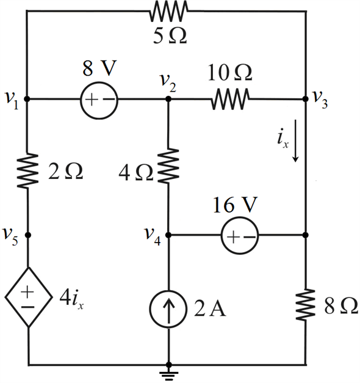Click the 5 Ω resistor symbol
tap(168, 11)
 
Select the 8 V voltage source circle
tap(99, 100)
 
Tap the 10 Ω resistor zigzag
tap(230, 99)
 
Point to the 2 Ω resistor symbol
tap(27, 171)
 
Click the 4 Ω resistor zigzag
tap(168, 166)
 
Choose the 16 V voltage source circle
tap(240, 235)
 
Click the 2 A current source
tap(168, 309)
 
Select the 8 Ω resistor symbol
tap(305, 304)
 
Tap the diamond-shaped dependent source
tap(29, 297)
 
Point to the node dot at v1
tap(27, 99)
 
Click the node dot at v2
tap(168, 99)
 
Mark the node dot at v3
tap(305, 99)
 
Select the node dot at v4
tap(168, 235)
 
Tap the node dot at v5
tap(28, 235)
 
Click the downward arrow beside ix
tap(295, 140)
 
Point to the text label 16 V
tap(236, 205)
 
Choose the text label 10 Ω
tap(230, 73)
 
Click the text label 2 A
tap(210, 308)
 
